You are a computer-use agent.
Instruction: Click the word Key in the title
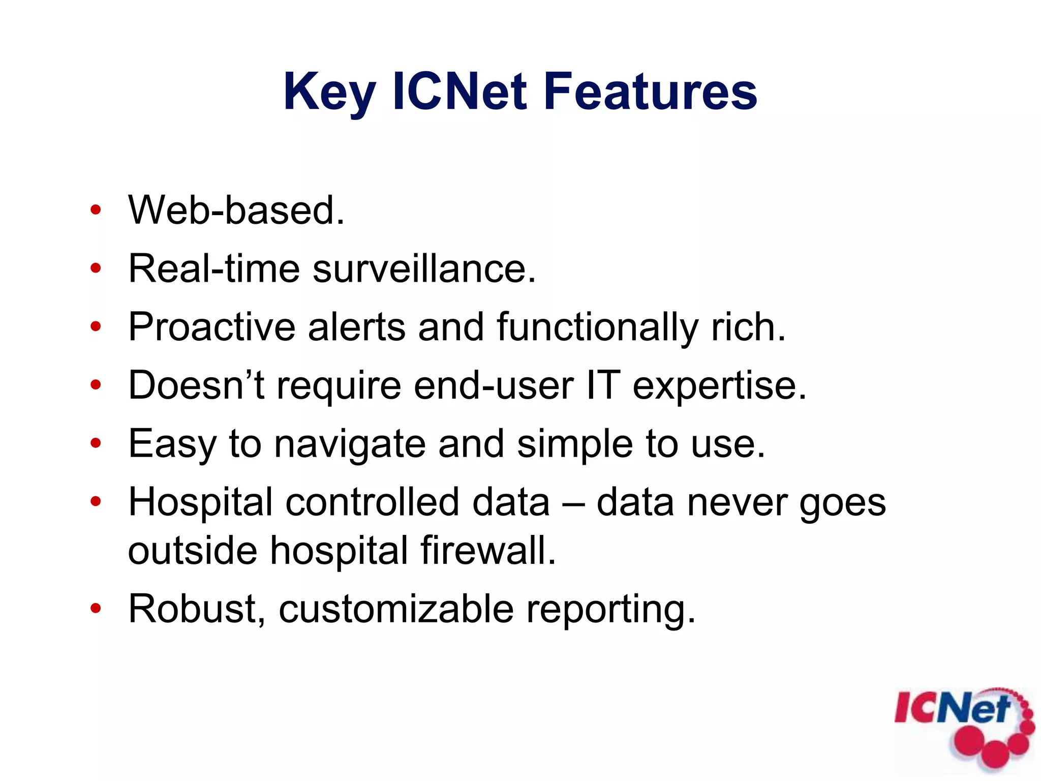click(329, 93)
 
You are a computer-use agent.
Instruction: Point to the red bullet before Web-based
click(96, 210)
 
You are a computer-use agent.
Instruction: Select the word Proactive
click(211, 327)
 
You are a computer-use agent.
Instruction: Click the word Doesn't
click(196, 385)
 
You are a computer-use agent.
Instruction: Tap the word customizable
click(396, 609)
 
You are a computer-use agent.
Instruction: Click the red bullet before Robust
click(96, 608)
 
